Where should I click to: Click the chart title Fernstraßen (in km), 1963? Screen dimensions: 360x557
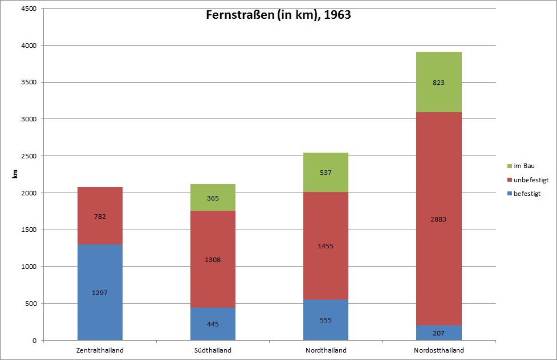[x=278, y=15]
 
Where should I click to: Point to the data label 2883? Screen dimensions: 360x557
[x=438, y=219]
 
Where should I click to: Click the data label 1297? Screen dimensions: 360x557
[x=100, y=293]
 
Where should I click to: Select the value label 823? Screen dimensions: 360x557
[x=438, y=83]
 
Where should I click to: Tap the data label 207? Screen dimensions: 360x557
[x=438, y=332]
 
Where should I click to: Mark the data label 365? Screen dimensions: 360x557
[x=213, y=198]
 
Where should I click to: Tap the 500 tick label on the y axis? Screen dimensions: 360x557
[x=31, y=304]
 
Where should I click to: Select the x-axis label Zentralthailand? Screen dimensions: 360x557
[x=100, y=350]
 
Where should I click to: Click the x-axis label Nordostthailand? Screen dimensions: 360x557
[x=438, y=350]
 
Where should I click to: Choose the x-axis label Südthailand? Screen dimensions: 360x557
[x=213, y=350]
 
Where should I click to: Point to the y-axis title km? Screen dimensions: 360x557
[x=15, y=174]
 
